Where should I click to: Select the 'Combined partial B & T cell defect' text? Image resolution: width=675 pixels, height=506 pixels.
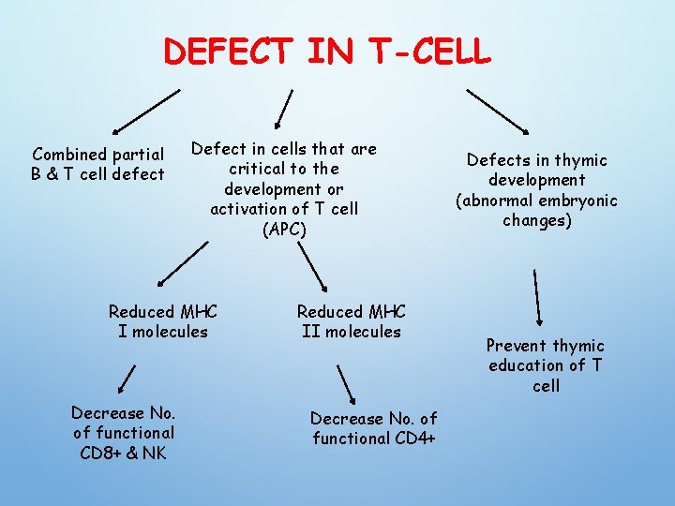click(x=98, y=163)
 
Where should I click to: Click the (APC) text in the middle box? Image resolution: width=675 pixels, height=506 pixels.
click(x=283, y=229)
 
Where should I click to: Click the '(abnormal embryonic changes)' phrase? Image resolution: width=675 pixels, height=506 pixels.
click(x=536, y=210)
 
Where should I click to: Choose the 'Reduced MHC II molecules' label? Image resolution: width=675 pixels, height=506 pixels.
click(x=351, y=321)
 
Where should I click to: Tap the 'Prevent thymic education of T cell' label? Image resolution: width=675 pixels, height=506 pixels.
click(x=546, y=365)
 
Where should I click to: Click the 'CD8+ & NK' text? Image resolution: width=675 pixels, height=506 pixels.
click(x=123, y=453)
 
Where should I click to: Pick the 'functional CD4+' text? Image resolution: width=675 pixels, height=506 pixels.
click(x=374, y=439)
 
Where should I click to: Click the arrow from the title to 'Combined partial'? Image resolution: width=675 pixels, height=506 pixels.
click(x=145, y=111)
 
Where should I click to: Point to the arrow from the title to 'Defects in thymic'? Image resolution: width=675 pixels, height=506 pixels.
click(x=497, y=111)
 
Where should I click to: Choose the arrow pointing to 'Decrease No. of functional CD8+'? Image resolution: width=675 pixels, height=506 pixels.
click(x=125, y=380)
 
